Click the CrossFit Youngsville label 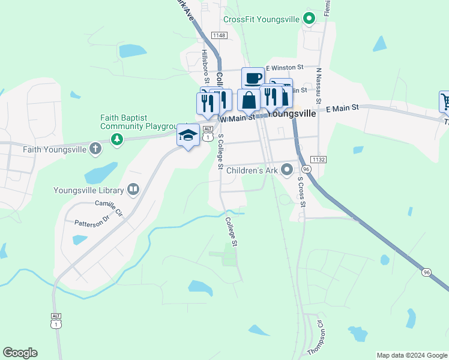[261, 19]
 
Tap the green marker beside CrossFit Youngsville [309, 19]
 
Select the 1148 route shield [219, 36]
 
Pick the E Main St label [342, 107]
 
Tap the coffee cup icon [253, 77]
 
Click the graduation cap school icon [188, 135]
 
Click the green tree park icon [116, 140]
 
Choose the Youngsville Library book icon [133, 190]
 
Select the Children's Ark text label [253, 170]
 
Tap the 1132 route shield [319, 159]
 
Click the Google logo [20, 353]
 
